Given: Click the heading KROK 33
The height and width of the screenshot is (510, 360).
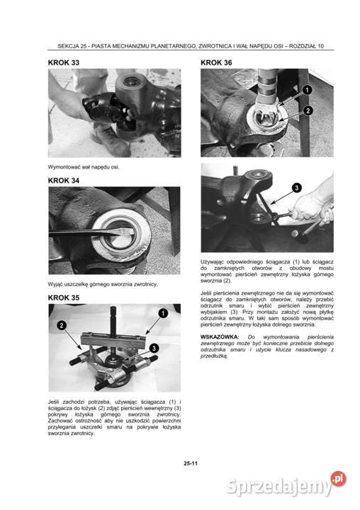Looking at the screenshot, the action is coord(64,62).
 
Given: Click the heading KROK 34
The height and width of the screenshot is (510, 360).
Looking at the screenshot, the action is coord(64,181).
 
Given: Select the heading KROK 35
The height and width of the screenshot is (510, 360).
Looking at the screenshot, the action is coord(64,297).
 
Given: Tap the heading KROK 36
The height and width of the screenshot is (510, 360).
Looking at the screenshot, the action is coord(216,62).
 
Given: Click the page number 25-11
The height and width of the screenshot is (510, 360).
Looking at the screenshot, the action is coord(191,463).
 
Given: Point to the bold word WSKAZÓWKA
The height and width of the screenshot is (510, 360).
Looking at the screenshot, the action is coord(220,337).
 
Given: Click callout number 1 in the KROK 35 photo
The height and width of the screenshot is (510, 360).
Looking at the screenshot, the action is coord(163,313).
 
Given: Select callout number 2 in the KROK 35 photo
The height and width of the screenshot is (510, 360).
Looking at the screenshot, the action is coord(62,325).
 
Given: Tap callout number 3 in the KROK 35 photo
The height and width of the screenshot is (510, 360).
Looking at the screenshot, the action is coord(154,348).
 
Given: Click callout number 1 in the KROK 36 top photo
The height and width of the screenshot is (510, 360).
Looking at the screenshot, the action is coord(308,89).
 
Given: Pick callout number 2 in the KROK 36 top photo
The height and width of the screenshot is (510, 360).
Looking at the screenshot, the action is coord(308,110).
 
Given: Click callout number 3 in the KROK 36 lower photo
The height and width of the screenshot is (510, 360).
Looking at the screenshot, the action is coord(296,188).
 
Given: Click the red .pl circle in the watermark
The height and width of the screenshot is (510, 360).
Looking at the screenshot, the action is coord(339,478).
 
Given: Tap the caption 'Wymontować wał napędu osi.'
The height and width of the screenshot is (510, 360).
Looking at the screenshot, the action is coord(84,167).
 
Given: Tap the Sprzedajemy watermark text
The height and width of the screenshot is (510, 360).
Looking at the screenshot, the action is coord(279,487).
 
